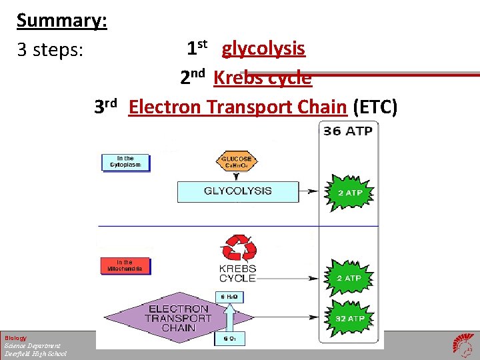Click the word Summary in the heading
point(61,21)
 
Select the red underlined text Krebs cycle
point(262,78)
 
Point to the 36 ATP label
point(347,131)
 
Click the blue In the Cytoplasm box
point(125,162)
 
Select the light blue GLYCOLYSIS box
point(237,191)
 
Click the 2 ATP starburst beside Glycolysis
point(349,193)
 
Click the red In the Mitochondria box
point(125,265)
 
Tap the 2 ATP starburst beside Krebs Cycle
point(349,277)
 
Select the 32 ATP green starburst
point(349,318)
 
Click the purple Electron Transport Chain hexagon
point(179,318)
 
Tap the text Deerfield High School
point(35,353)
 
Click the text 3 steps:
point(50,50)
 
